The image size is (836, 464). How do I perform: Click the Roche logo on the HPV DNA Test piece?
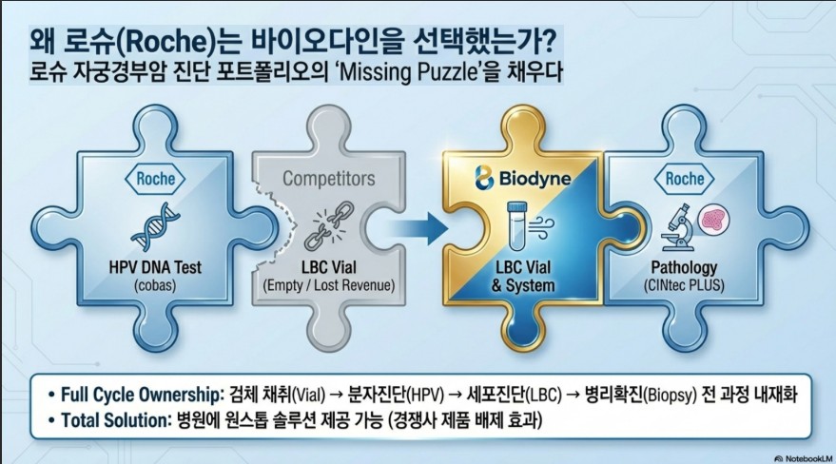pos(155,179)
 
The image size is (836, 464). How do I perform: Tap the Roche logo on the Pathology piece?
pos(685,179)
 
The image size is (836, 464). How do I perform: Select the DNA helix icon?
pos(155,226)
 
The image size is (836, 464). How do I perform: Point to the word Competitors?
pos(329,179)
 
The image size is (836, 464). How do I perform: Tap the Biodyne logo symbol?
pos(483,178)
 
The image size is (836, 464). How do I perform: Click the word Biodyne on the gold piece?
pos(535,179)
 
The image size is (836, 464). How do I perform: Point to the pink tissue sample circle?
pos(713,220)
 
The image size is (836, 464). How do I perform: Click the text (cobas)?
pos(155,285)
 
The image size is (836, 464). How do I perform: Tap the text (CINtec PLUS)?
pos(684,285)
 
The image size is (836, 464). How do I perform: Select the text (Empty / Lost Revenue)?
pos(329,285)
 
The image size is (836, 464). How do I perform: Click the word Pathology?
pos(684,267)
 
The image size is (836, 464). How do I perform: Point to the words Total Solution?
pos(115,420)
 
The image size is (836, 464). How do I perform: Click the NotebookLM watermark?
pos(804,458)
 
